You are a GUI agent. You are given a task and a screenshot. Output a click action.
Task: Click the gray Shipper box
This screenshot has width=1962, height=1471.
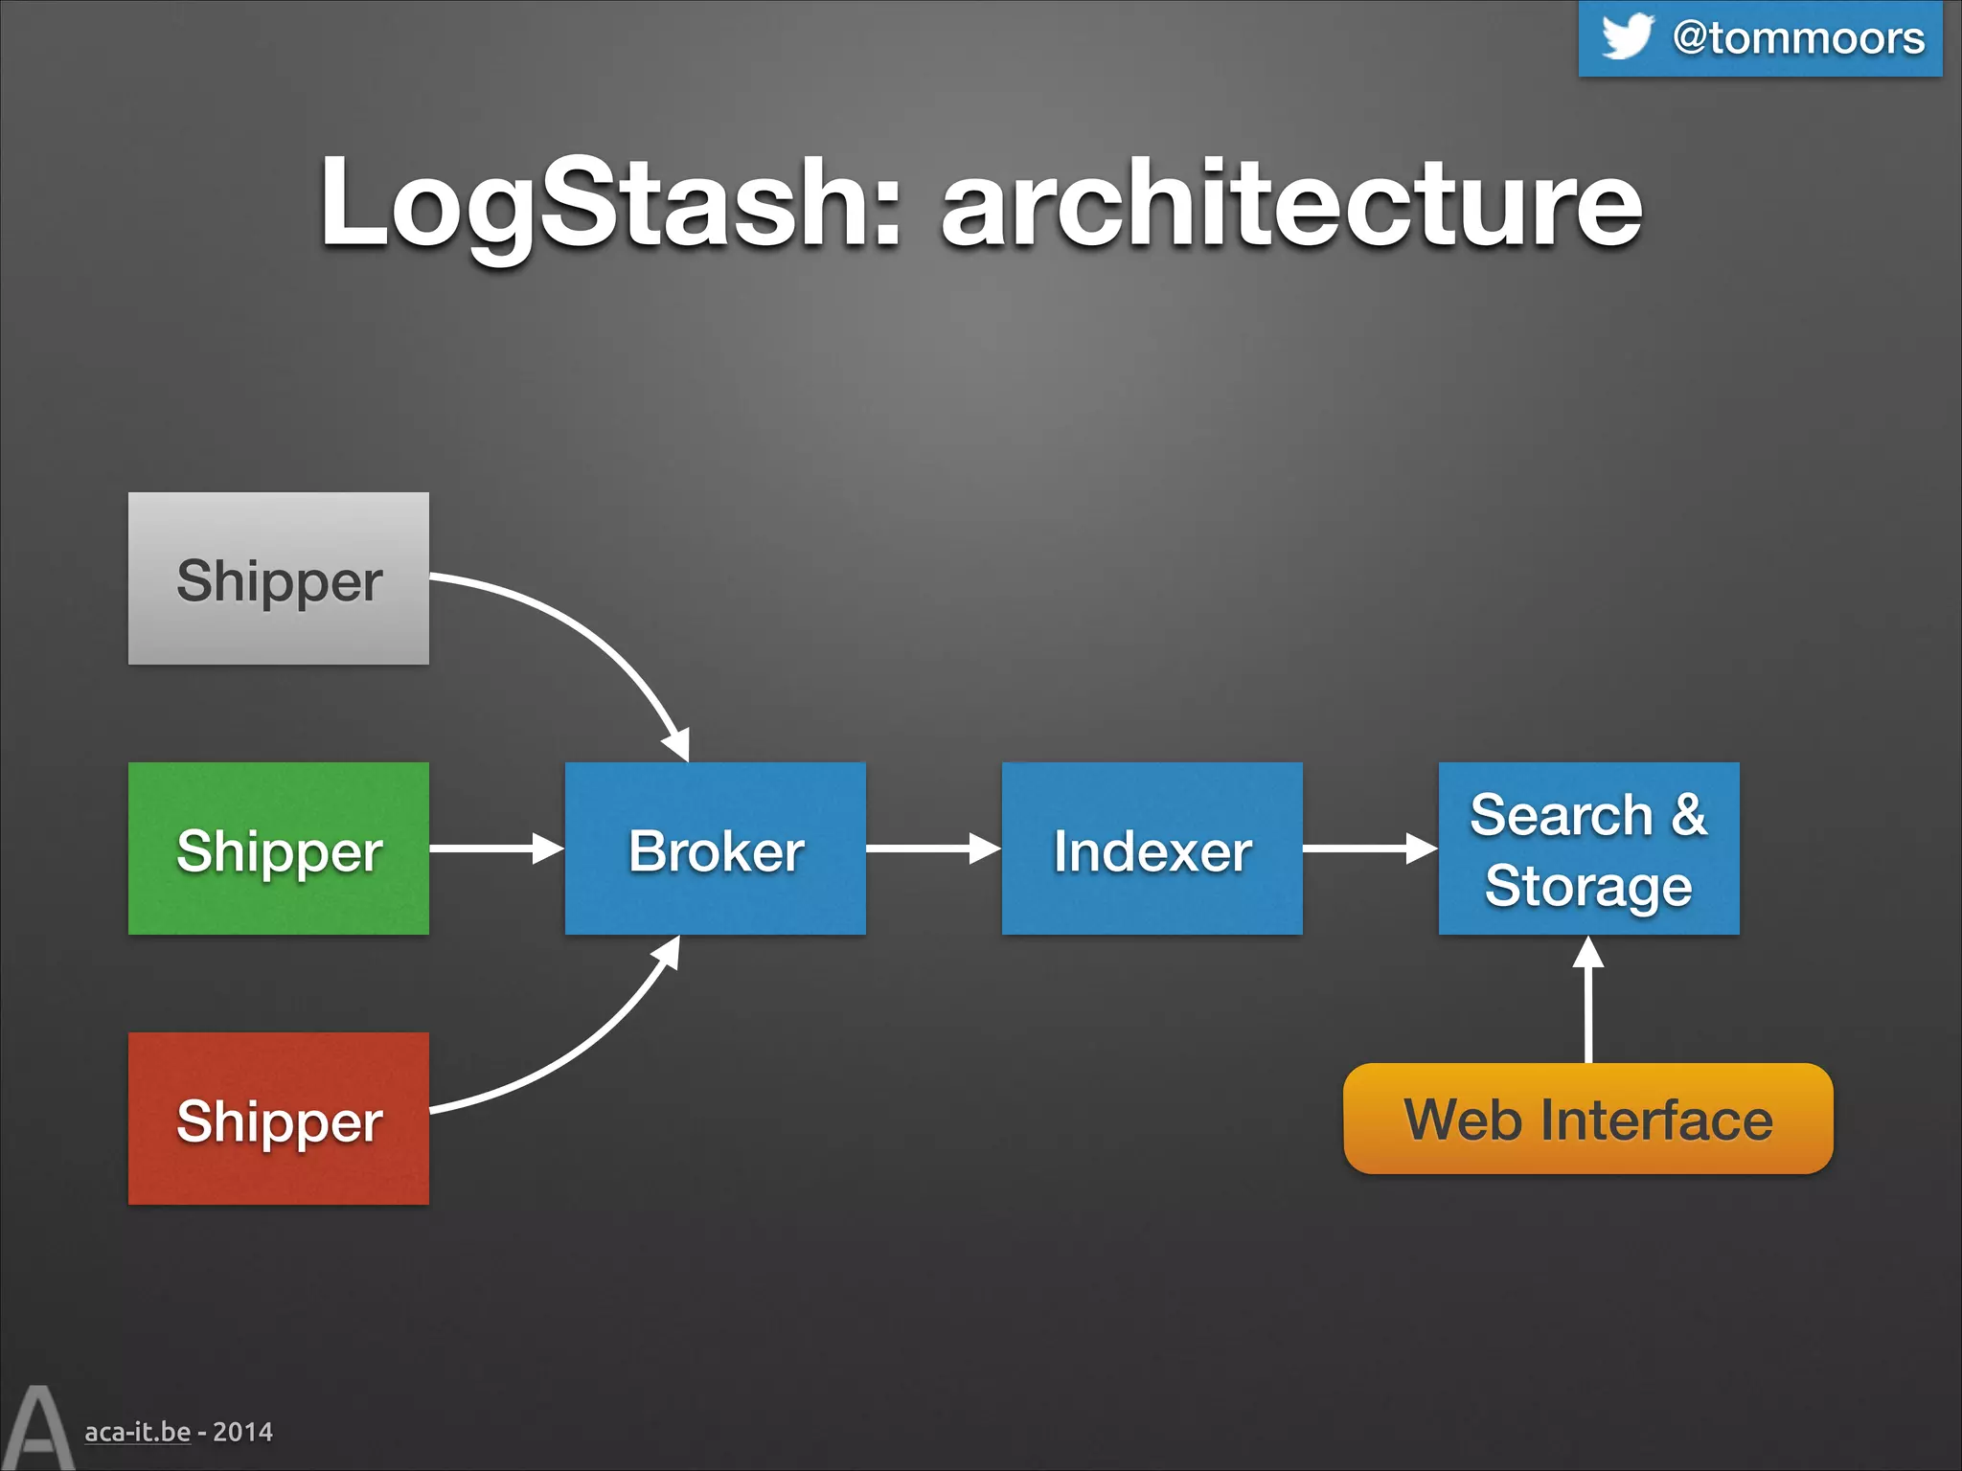pyautogui.click(x=278, y=578)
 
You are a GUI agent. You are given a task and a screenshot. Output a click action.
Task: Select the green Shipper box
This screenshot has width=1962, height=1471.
pyautogui.click(x=278, y=849)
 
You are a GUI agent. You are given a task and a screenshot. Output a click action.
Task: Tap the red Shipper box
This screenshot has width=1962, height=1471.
pyautogui.click(x=278, y=1119)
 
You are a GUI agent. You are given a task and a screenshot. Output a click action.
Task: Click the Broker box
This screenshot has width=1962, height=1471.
pyautogui.click(x=715, y=849)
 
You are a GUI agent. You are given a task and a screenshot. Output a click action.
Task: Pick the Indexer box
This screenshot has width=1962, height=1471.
pyautogui.click(x=1152, y=849)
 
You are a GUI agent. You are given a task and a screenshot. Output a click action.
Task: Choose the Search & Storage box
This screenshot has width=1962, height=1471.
pyautogui.click(x=1588, y=849)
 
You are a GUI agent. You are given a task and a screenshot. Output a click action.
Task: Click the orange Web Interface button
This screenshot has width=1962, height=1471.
pyautogui.click(x=1587, y=1119)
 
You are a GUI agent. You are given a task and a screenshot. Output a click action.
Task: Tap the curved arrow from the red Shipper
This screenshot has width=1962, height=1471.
pyautogui.click(x=584, y=1049)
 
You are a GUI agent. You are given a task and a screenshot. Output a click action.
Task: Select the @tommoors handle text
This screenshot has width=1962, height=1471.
pyautogui.click(x=1798, y=38)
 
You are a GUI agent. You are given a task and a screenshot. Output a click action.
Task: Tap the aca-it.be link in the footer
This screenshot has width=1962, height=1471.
pyautogui.click(x=137, y=1432)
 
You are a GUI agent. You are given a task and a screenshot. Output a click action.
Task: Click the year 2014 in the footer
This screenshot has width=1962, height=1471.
pyautogui.click(x=242, y=1432)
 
